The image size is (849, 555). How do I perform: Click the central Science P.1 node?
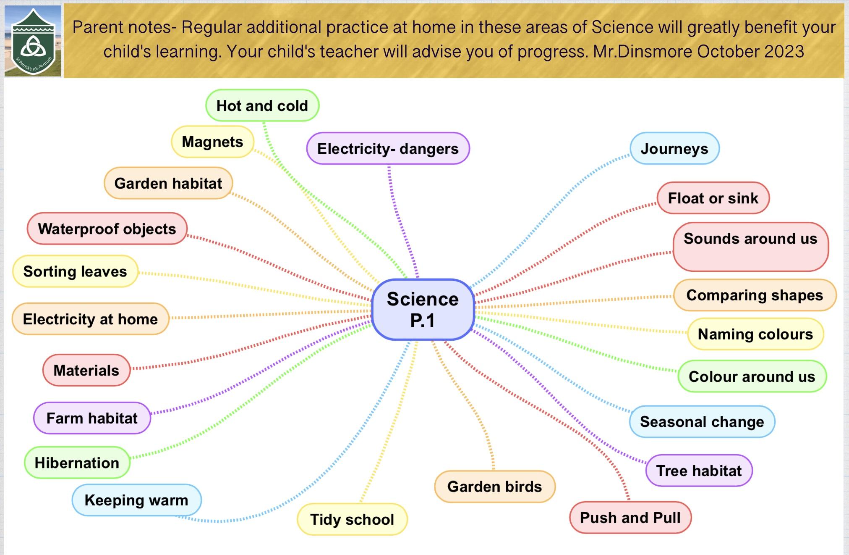click(423, 309)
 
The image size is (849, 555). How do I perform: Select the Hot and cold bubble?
click(262, 105)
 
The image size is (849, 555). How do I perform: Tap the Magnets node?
click(213, 142)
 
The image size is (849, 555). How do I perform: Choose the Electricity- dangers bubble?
click(388, 148)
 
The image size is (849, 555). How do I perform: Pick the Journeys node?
click(674, 148)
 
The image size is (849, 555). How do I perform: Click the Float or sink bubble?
click(713, 198)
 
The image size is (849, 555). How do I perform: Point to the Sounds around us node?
click(751, 247)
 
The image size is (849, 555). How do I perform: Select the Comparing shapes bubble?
click(755, 295)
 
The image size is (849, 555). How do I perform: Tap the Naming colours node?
click(755, 334)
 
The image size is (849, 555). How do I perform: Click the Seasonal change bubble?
click(702, 421)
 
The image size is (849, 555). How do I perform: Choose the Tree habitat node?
click(699, 471)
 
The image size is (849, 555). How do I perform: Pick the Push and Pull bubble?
click(630, 518)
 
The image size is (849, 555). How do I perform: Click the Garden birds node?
click(495, 487)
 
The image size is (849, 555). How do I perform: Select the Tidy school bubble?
click(352, 519)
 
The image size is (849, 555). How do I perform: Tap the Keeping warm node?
click(136, 500)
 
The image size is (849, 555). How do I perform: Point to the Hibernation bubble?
click(77, 463)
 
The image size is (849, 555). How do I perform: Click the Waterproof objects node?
click(107, 229)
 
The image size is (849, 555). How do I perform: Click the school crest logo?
click(33, 41)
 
